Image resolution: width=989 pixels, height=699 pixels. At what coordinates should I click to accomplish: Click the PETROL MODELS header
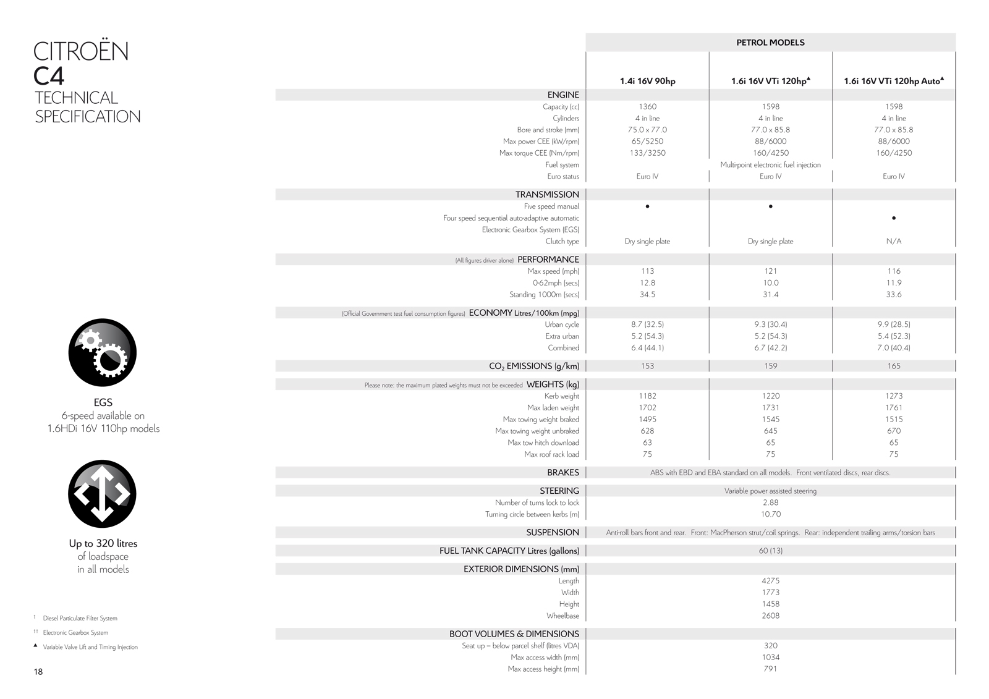(770, 43)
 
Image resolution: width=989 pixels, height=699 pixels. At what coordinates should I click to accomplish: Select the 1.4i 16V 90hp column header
(647, 81)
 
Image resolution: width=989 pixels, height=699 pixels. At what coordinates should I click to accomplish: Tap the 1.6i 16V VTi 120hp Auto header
(893, 81)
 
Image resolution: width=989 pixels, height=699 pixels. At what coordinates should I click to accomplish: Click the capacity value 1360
(647, 107)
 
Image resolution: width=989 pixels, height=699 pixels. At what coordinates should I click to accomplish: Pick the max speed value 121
(770, 271)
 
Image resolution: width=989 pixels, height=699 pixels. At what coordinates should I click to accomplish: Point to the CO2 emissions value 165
(894, 366)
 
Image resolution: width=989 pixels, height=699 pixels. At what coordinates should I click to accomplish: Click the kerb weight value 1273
(894, 396)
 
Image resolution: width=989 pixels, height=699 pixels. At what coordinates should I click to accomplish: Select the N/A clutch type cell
(894, 242)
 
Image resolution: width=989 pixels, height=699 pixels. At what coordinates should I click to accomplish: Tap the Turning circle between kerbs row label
(532, 514)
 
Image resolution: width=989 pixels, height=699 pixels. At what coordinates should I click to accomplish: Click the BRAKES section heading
(562, 473)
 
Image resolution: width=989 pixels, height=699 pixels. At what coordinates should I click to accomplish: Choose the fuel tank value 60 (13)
(770, 551)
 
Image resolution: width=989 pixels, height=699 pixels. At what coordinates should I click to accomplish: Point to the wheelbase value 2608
(770, 616)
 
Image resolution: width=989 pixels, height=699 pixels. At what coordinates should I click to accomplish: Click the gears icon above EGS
(102, 352)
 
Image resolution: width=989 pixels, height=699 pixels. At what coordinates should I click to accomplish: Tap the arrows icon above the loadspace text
(102, 494)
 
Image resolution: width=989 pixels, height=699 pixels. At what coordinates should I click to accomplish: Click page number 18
(38, 672)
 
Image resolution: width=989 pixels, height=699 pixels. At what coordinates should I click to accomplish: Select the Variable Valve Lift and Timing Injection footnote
(90, 647)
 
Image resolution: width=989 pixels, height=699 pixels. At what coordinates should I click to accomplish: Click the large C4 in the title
(49, 76)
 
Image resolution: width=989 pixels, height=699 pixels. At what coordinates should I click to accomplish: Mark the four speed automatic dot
(894, 218)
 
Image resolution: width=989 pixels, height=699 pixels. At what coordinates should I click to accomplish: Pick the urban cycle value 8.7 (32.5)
(647, 324)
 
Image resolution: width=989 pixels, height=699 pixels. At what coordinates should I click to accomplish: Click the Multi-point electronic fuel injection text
(770, 165)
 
